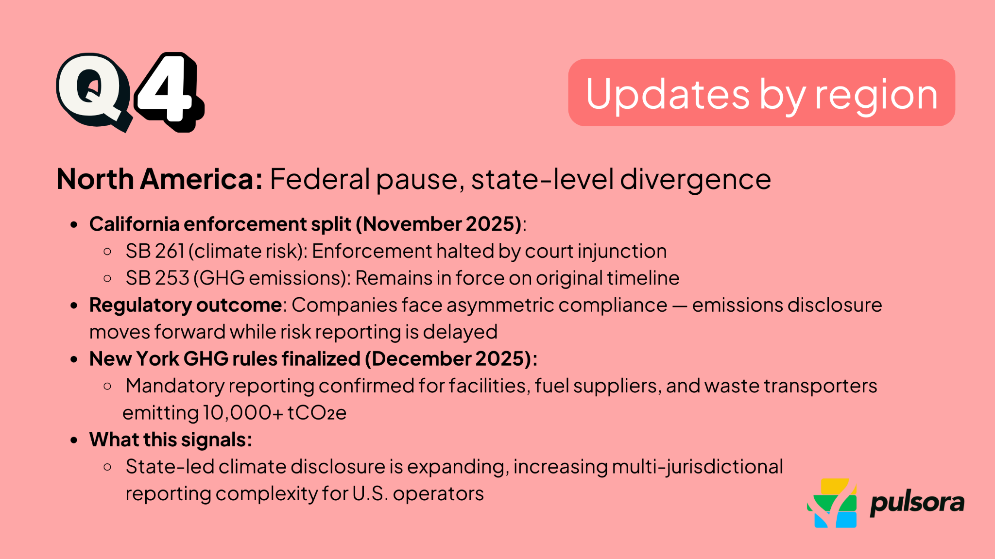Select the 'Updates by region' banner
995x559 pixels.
point(761,93)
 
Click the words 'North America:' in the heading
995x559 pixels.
point(159,179)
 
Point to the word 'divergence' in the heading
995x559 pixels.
point(695,179)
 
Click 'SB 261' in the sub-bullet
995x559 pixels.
point(154,251)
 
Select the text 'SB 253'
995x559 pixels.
point(157,278)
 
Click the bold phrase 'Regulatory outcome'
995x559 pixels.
point(185,305)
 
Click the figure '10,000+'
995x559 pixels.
point(242,413)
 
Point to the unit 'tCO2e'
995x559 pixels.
point(317,413)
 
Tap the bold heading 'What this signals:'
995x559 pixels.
point(171,440)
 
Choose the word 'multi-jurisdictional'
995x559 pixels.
point(697,467)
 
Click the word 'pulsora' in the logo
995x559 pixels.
point(916,503)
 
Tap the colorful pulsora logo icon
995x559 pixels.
point(832,503)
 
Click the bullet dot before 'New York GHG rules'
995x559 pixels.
point(74,359)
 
